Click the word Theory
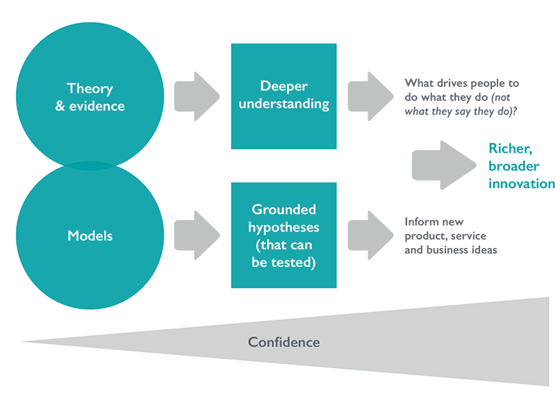point(89,89)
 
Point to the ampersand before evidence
point(60,106)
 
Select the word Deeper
point(283,86)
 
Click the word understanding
point(283,104)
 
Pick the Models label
point(89,236)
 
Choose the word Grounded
point(283,209)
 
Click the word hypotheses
point(283,227)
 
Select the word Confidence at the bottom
point(284,342)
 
